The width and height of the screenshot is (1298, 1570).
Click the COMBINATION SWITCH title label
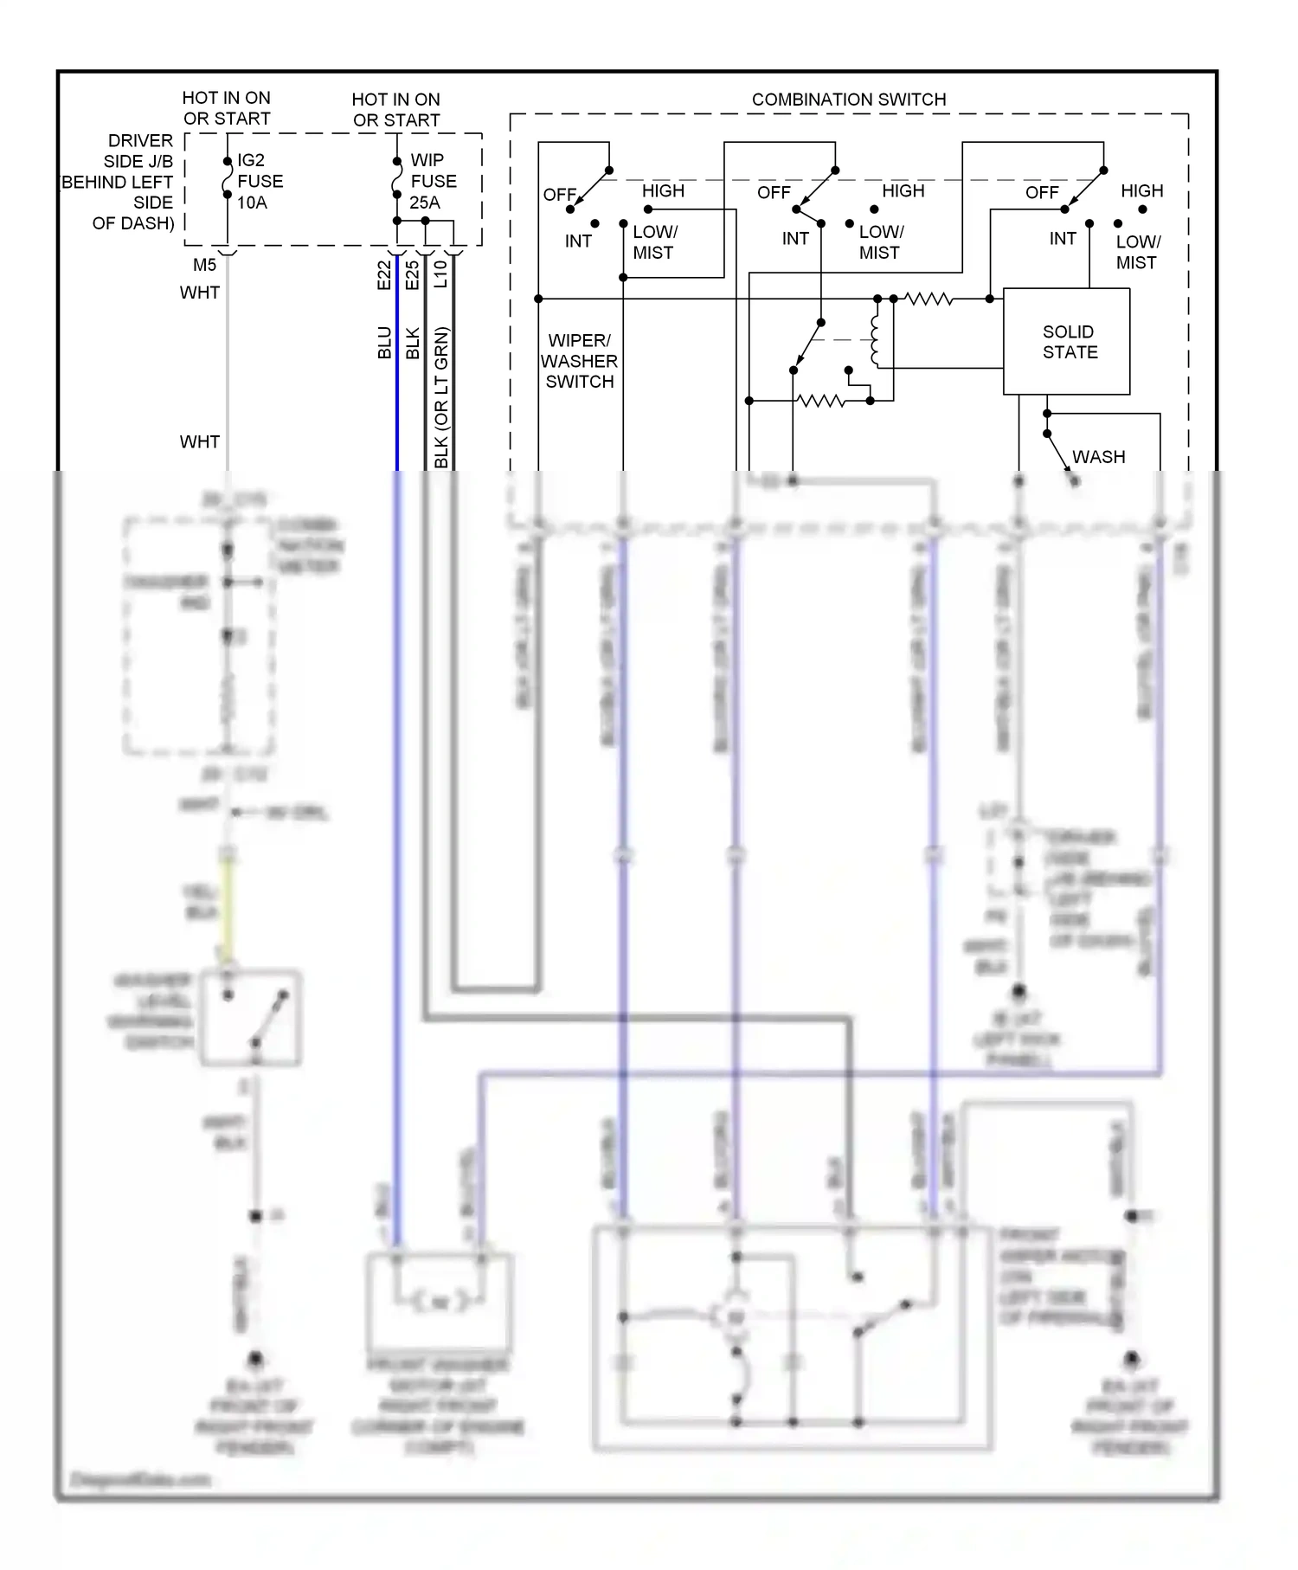pyautogui.click(x=848, y=100)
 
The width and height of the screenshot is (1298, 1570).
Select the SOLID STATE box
pyautogui.click(x=1066, y=342)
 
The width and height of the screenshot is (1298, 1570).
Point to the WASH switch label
pyautogui.click(x=1098, y=457)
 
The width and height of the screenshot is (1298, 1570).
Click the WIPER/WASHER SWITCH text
pyautogui.click(x=579, y=361)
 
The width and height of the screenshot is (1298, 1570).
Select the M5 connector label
pyautogui.click(x=204, y=265)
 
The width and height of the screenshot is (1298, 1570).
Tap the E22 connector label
pyautogui.click(x=384, y=275)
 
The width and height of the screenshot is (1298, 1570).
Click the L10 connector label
pyautogui.click(x=440, y=273)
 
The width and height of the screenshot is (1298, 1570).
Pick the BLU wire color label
pyautogui.click(x=384, y=343)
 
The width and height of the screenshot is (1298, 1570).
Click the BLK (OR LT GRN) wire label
pyautogui.click(x=441, y=397)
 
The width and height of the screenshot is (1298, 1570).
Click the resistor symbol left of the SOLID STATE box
pyautogui.click(x=928, y=299)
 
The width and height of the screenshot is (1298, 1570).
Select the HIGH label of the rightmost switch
pyautogui.click(x=1141, y=190)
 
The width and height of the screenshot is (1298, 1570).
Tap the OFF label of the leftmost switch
pyautogui.click(x=559, y=195)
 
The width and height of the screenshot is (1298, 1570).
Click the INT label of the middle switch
pyautogui.click(x=795, y=239)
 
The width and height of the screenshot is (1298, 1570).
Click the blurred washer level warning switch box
pyautogui.click(x=251, y=1018)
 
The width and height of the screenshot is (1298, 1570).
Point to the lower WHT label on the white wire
pyautogui.click(x=200, y=442)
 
